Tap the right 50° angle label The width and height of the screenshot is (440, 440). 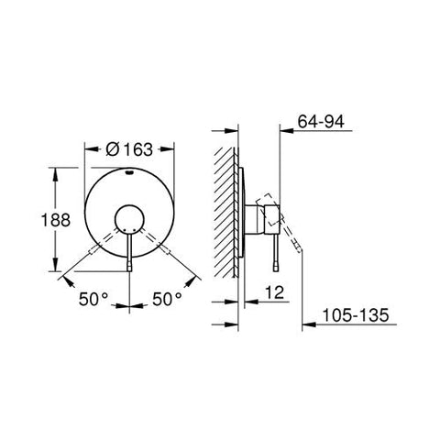[x=168, y=300]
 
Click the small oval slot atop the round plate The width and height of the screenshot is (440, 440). [x=128, y=170]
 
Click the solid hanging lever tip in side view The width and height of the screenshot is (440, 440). [x=275, y=264]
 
